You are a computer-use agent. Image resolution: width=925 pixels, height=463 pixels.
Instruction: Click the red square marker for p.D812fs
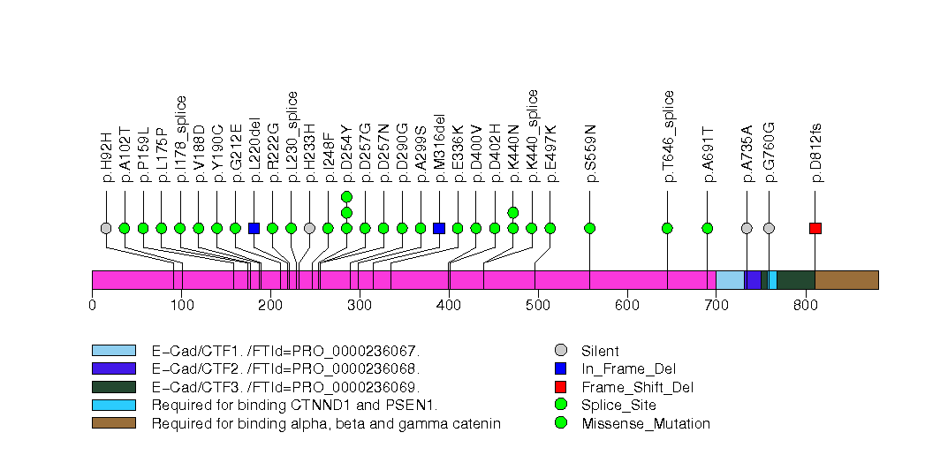(815, 228)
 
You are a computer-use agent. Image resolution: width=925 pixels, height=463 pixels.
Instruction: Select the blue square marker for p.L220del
(254, 228)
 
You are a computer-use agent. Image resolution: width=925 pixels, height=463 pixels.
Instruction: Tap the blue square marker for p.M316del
(439, 228)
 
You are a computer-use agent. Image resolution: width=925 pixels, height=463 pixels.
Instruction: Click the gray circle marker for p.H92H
(106, 228)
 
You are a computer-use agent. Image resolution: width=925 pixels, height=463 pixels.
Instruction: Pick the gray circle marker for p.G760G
(769, 228)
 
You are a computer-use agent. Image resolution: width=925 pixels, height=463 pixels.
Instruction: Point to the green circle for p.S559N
(590, 228)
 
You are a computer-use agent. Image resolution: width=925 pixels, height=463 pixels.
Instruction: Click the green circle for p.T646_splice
(667, 228)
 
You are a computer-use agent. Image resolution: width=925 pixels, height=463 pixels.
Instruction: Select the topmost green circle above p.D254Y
(346, 196)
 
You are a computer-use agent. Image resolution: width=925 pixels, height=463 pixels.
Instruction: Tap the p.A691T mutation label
(708, 154)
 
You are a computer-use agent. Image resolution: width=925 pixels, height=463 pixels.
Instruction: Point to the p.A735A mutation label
(747, 154)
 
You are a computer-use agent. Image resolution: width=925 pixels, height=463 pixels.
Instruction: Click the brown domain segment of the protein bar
(846, 280)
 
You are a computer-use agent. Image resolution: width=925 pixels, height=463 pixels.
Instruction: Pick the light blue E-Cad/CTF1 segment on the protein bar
(730, 280)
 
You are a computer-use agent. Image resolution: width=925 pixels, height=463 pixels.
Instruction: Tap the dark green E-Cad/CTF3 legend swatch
(113, 387)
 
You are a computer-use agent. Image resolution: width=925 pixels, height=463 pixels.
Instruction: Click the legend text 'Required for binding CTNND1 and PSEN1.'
(294, 406)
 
